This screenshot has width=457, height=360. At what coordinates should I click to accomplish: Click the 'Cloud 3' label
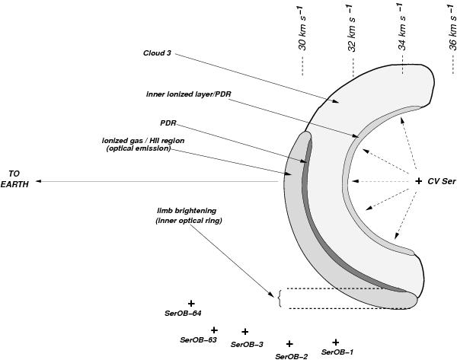coord(157,53)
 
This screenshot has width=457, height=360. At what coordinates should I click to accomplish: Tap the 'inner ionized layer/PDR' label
coord(189,94)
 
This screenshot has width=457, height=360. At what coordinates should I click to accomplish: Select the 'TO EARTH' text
coord(14,179)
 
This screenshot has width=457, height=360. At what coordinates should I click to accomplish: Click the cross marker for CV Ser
coord(418,181)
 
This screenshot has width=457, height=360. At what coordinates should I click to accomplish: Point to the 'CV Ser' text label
coord(441,181)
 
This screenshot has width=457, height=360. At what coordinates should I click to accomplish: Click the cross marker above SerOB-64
coord(191,304)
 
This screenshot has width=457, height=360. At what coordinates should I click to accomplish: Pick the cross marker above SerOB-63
coord(214,330)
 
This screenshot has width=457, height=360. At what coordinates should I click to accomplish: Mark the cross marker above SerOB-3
coord(245,331)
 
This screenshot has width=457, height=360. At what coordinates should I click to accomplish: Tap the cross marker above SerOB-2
coord(289,344)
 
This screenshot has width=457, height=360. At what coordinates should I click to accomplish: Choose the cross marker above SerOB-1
coord(335,342)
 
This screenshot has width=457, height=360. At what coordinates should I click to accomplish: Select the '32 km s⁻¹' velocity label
coord(352,28)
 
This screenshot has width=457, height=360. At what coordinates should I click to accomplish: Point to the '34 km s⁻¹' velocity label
coord(402,27)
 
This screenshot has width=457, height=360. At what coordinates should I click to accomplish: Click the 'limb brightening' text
coord(187,210)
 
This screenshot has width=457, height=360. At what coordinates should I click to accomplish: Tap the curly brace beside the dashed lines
coord(280,298)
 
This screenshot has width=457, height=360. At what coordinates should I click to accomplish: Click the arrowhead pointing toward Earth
coord(39,181)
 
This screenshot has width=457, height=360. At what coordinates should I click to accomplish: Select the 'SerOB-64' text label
coord(183,314)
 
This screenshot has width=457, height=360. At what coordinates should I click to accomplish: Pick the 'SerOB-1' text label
coord(337,352)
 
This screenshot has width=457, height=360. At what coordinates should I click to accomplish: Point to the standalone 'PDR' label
coord(168,123)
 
